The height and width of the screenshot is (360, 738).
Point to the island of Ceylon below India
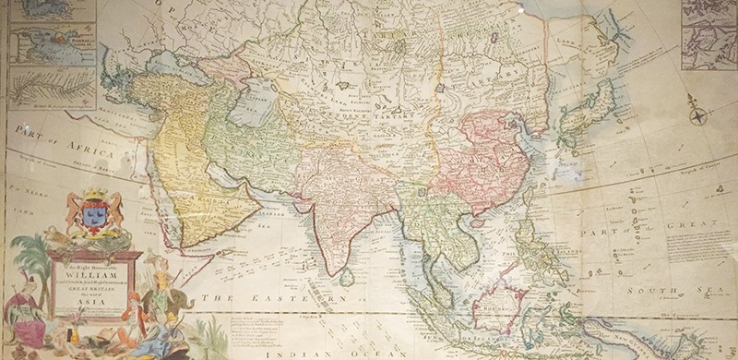pos(346,276)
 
